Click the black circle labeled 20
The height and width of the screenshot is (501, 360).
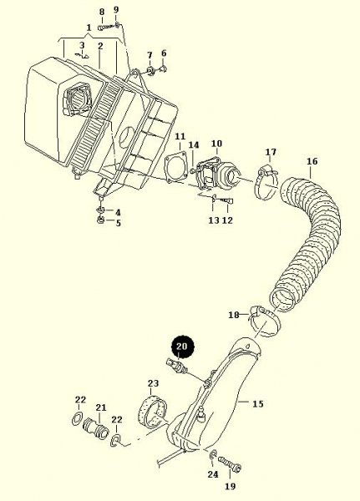tap(183, 343)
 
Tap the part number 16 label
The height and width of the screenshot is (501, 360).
tap(312, 160)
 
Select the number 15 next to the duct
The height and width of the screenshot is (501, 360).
tap(257, 404)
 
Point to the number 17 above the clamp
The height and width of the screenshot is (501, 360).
tap(271, 152)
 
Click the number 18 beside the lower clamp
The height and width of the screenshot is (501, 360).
tap(234, 315)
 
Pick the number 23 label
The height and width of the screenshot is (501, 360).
tap(153, 384)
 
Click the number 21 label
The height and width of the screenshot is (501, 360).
tap(101, 408)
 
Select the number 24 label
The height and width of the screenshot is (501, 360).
tap(212, 474)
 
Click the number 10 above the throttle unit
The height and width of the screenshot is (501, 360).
tap(215, 144)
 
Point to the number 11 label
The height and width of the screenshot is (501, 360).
tap(180, 135)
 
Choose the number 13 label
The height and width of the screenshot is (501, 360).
tap(213, 220)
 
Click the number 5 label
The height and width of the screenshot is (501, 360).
tap(118, 223)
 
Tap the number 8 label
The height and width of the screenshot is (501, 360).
tap(101, 12)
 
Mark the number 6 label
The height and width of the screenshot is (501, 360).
tap(164, 53)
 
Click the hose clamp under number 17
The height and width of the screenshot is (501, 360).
tap(266, 176)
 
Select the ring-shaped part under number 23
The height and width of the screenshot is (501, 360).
tap(153, 412)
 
